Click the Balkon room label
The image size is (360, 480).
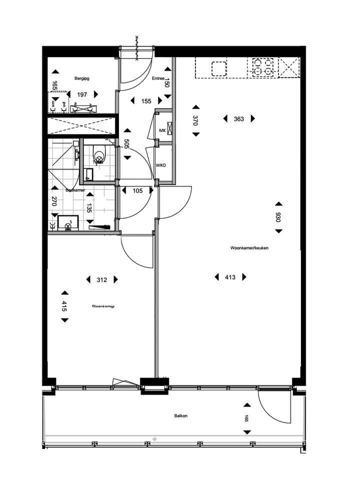tap(181, 415)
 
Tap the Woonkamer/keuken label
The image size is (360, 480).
tap(249, 248)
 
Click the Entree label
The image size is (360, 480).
tap(158, 78)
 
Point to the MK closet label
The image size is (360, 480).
tap(162, 130)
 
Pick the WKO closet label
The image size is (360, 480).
tap(161, 165)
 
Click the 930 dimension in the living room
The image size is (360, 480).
tap(278, 217)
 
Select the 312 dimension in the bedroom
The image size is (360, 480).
tap(101, 280)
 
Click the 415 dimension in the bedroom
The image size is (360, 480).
tap(64, 306)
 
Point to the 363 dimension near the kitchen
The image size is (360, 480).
tap(238, 118)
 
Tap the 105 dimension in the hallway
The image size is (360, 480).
tap(137, 190)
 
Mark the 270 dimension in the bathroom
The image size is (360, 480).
tap(54, 201)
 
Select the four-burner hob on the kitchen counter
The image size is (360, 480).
tap(263, 67)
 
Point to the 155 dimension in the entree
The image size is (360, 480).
tap(146, 101)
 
